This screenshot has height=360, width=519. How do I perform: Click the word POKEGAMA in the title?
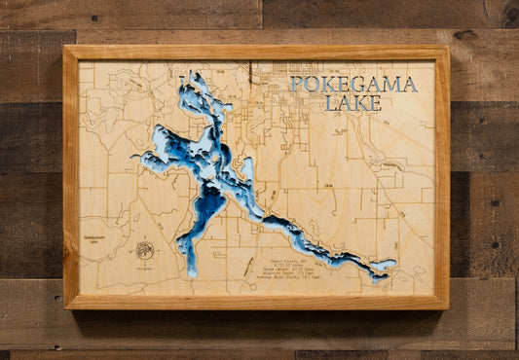tap(353, 85)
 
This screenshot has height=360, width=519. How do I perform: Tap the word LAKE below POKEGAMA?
tap(353, 102)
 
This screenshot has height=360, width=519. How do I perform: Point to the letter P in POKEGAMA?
tap(296, 85)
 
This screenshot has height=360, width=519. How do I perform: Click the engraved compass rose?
tap(144, 250)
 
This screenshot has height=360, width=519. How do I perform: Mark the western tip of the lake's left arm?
tap(135, 157)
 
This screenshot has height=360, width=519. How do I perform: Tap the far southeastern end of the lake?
tap(392, 264)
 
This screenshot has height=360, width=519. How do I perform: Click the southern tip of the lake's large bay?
tap(191, 274)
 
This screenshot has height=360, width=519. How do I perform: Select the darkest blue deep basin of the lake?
tap(206, 204)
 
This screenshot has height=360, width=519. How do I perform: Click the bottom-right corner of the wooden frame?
tap(448, 307)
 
